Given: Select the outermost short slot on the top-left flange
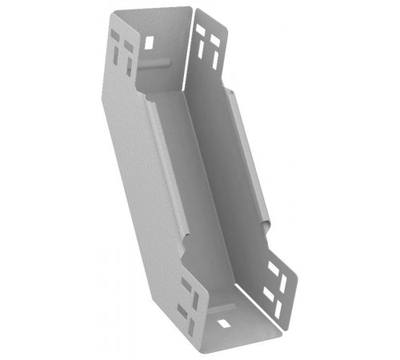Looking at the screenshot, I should pos(113,37).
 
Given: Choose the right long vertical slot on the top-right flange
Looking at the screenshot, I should pos(214,56).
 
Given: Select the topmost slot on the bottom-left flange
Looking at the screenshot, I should pos(186,282).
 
